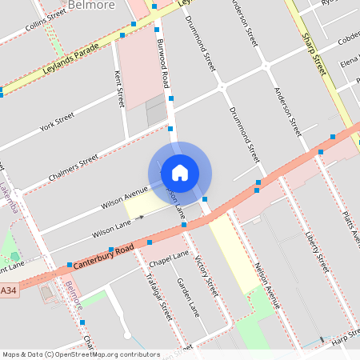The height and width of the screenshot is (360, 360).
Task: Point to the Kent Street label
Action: tap(119, 89)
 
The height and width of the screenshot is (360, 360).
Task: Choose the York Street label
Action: tap(57, 121)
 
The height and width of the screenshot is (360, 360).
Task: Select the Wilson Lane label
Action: tap(111, 231)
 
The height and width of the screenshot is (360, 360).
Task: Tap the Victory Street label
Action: tap(206, 277)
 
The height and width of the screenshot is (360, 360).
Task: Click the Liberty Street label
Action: tap(318, 250)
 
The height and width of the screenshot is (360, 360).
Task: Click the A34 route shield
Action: tap(9, 290)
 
